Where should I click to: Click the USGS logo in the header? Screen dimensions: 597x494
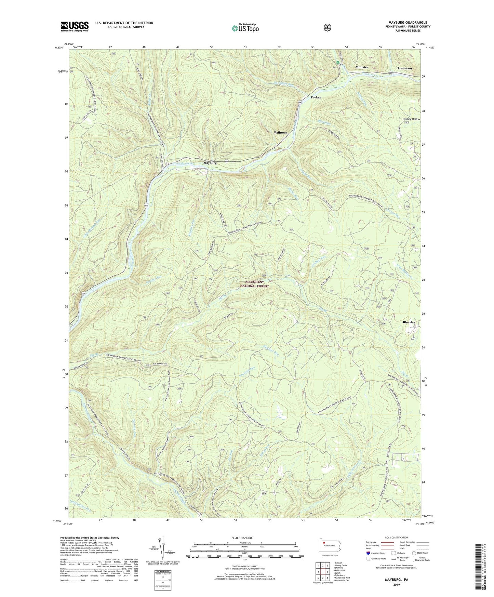(x=75, y=26)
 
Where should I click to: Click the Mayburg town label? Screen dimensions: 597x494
(x=210, y=163)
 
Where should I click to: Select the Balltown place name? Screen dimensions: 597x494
(x=281, y=132)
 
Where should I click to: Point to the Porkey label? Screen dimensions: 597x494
(x=316, y=97)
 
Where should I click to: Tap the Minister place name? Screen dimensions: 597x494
(x=362, y=67)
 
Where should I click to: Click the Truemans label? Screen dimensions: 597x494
(x=405, y=68)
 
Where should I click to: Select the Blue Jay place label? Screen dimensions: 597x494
(x=409, y=322)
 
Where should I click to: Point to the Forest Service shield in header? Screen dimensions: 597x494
(x=327, y=28)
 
